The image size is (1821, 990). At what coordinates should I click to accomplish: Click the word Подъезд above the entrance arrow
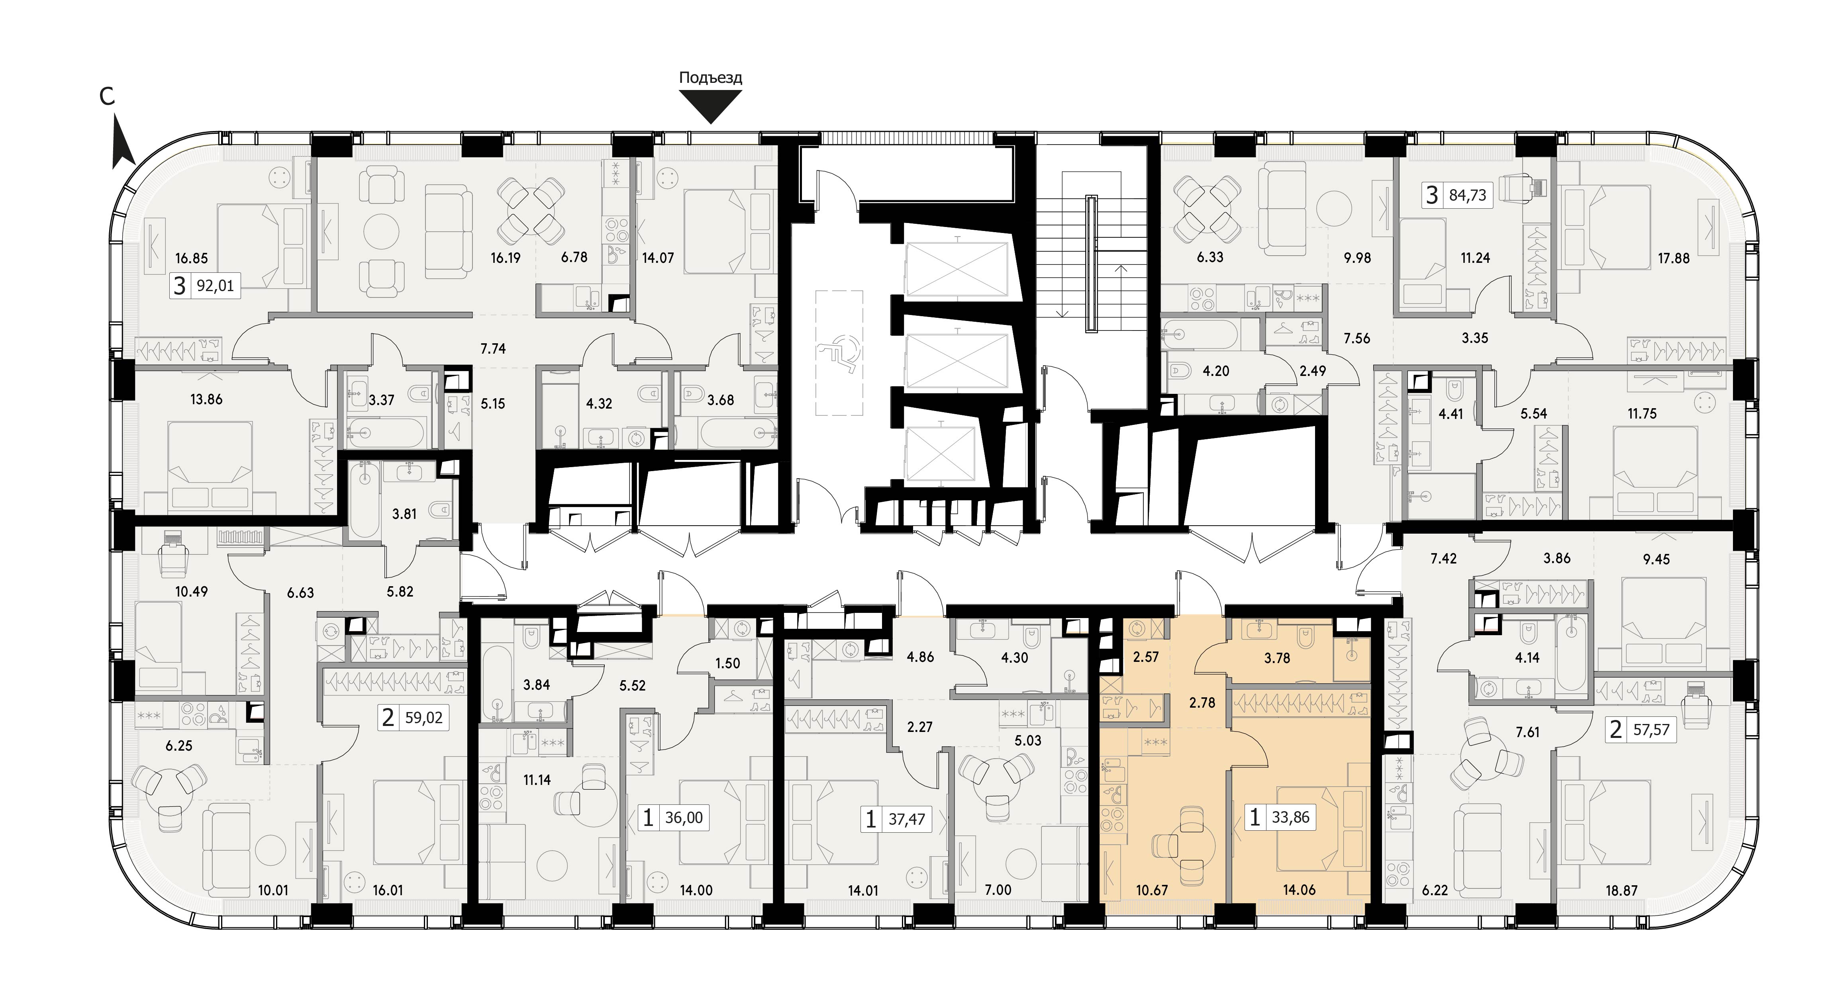coord(710,78)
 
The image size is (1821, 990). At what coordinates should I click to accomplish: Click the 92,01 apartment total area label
coord(215,286)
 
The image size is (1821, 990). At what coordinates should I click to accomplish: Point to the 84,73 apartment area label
coord(1468,195)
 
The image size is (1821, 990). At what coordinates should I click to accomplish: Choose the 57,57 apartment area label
coord(1651,730)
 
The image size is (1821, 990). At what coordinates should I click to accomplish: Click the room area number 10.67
coord(1152,890)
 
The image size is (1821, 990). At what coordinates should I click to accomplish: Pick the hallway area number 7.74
coord(493,348)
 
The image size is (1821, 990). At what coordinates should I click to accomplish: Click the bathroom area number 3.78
coord(1277,658)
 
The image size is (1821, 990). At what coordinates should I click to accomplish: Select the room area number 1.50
coord(727,663)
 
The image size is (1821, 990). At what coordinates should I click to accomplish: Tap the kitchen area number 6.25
coord(179,745)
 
